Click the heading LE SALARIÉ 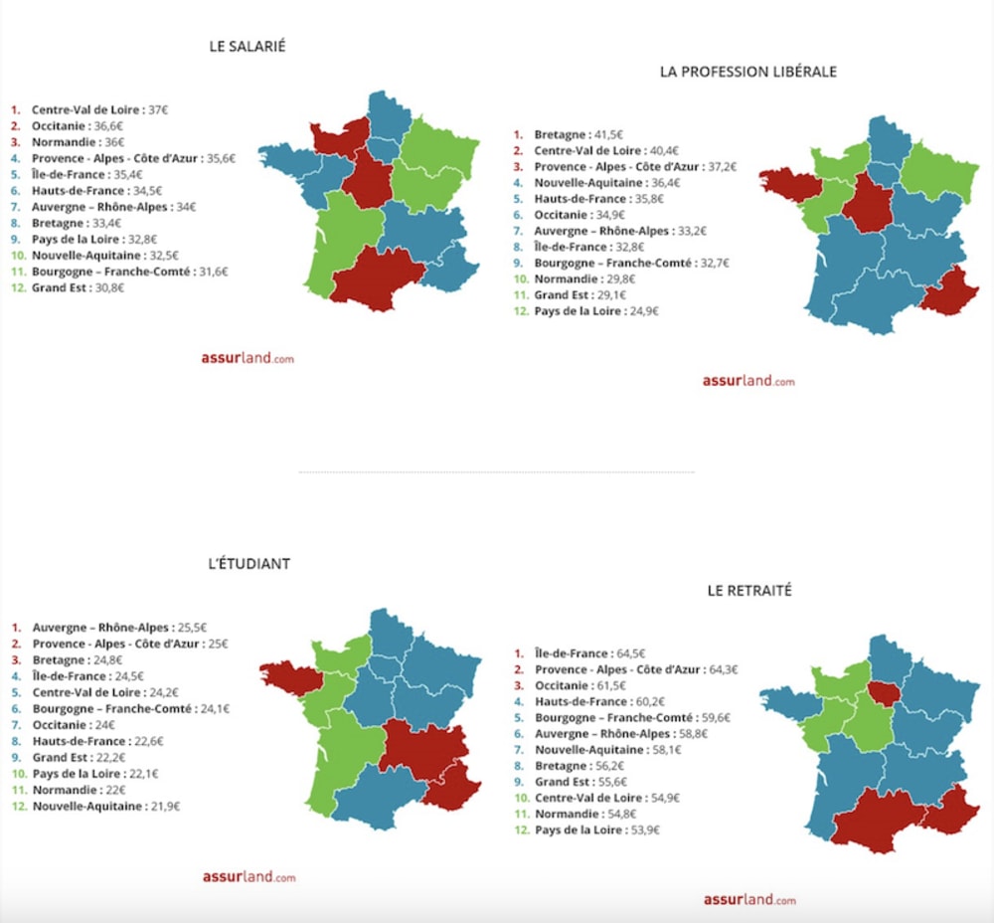pos(248,46)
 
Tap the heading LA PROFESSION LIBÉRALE pos(748,72)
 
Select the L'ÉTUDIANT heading pos(248,563)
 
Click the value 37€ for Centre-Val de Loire pos(158,109)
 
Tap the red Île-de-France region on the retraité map pos(882,691)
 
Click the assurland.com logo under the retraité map pos(748,899)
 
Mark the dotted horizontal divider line pos(496,471)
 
